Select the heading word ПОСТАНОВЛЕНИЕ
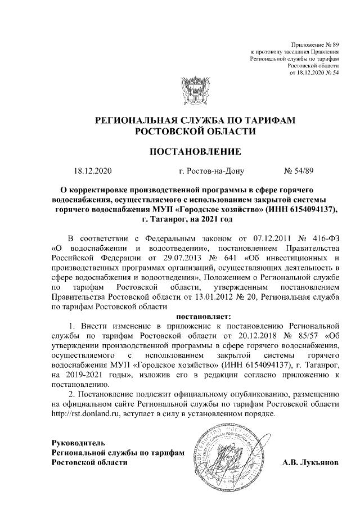195,151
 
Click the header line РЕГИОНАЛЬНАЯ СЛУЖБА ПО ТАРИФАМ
195,120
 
